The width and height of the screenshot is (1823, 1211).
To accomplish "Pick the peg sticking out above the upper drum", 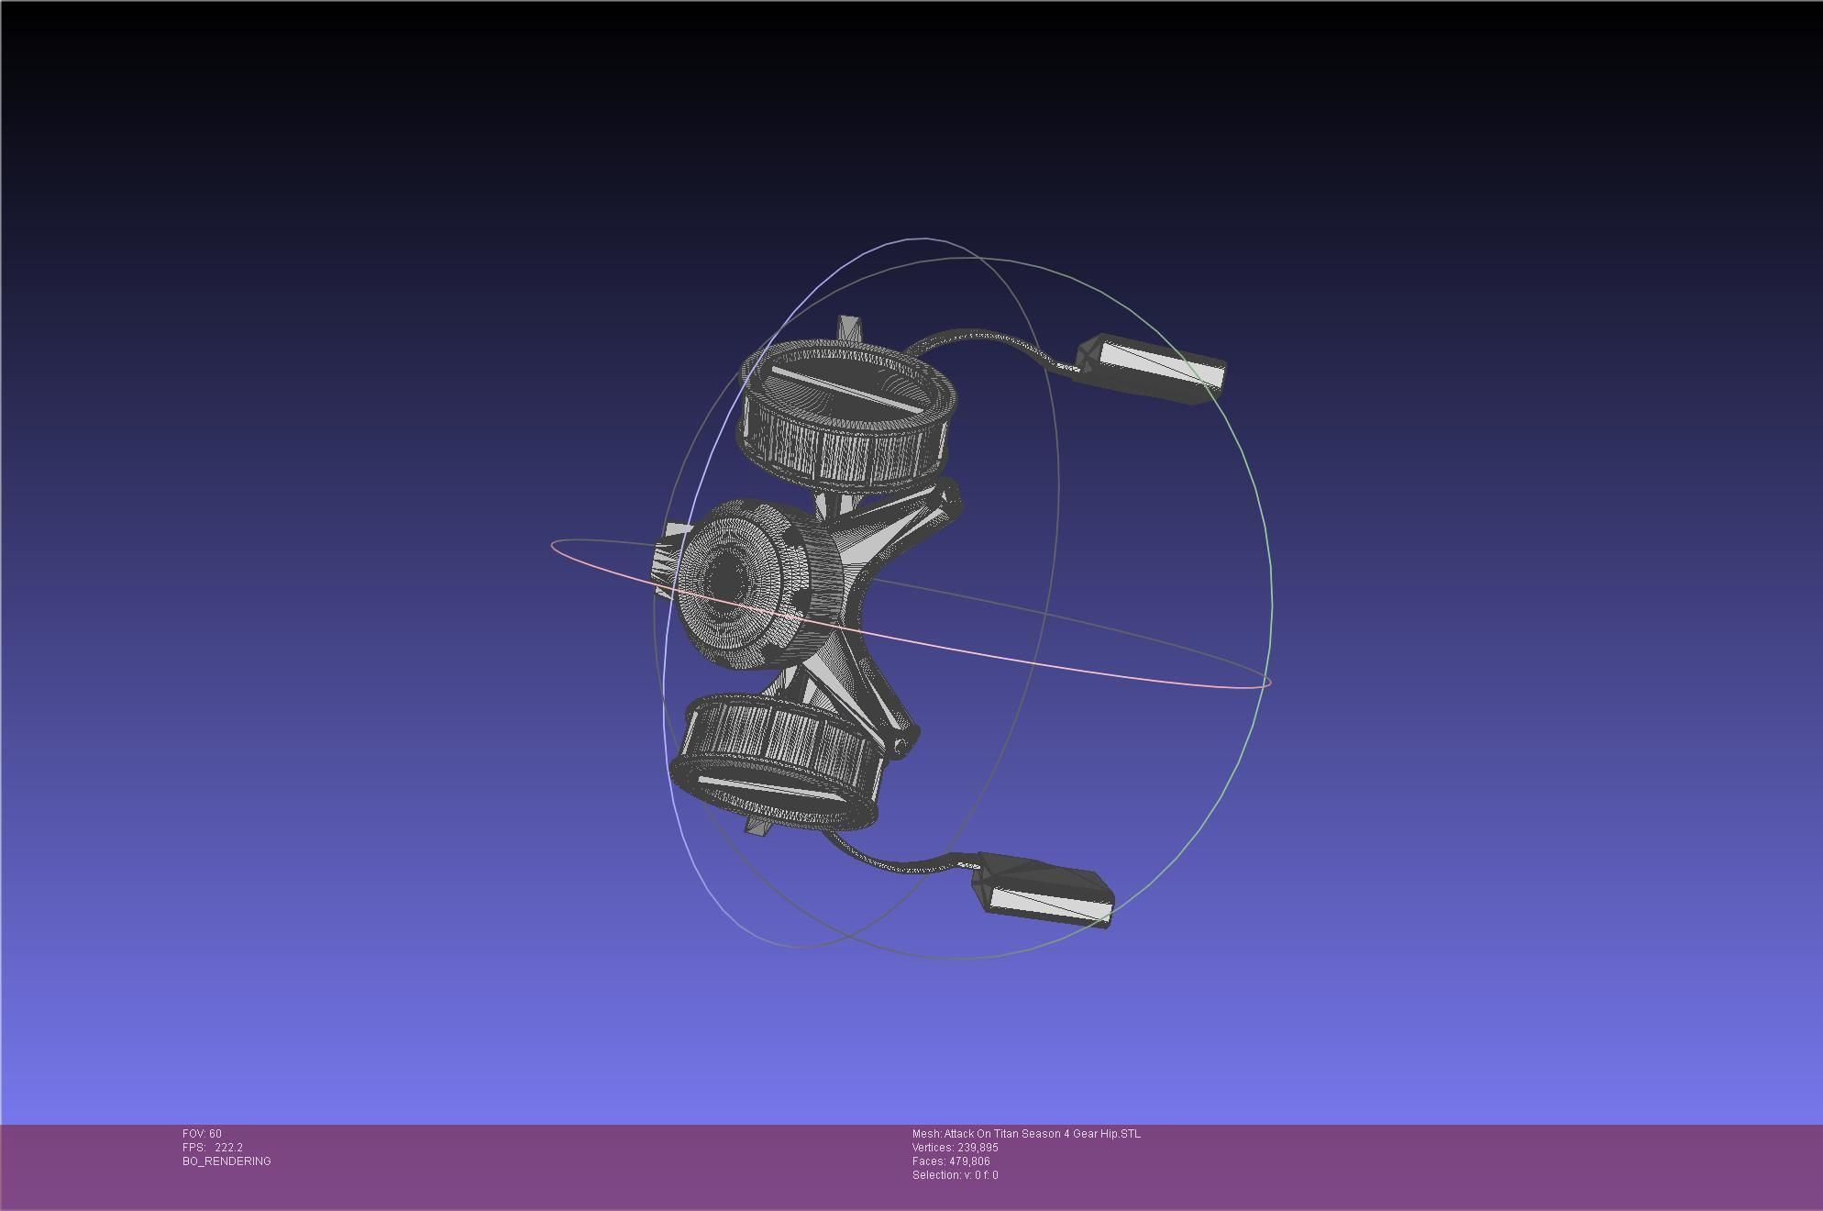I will (848, 328).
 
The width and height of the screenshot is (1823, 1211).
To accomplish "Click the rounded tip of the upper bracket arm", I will (951, 500).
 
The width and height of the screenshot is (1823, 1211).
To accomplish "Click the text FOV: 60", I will (202, 1134).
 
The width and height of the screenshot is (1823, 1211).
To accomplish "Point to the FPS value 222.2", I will (228, 1148).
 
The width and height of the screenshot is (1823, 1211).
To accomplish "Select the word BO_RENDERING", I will (226, 1161).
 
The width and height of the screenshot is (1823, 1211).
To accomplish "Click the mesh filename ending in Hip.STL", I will (1026, 1134).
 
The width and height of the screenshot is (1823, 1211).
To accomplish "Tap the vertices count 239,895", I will (977, 1148).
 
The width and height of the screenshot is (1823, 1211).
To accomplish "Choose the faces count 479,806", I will (969, 1161).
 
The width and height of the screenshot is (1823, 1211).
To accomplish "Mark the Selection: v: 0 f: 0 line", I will (955, 1175).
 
